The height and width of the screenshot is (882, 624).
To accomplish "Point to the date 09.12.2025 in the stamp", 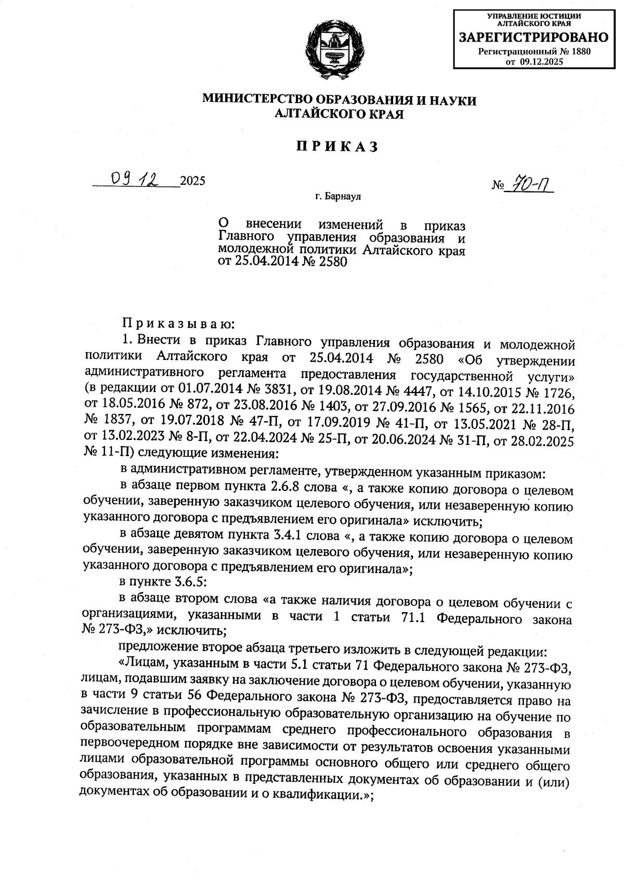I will point(542,61).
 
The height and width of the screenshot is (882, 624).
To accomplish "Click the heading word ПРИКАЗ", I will point(337,147).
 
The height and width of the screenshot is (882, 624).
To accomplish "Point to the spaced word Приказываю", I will point(179,325).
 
